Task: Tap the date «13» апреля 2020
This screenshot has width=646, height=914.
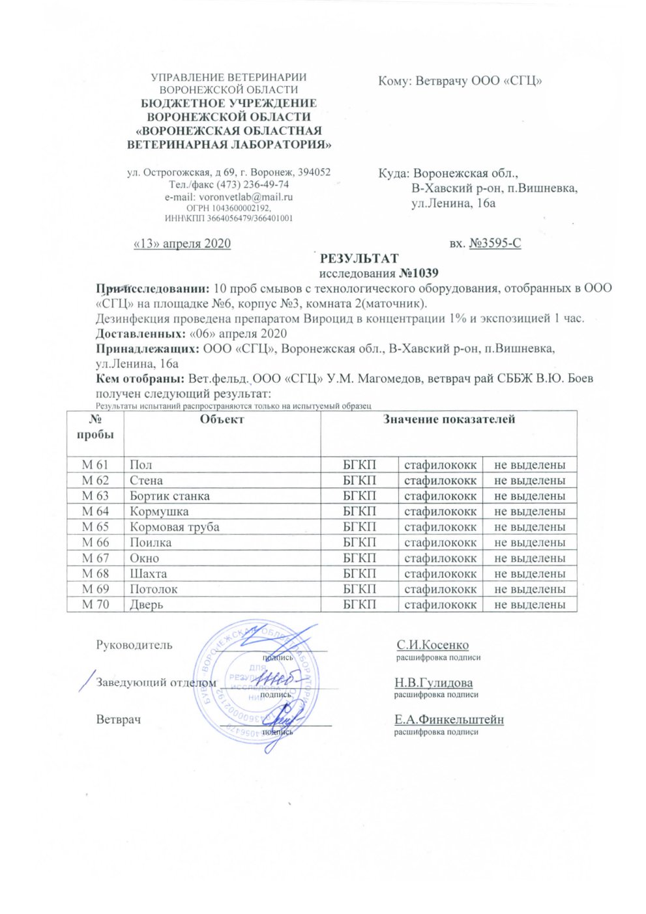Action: click(182, 244)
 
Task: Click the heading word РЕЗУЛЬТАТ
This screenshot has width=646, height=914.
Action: click(359, 259)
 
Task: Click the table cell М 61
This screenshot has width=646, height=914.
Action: click(95, 464)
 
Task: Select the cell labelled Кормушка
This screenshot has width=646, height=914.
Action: click(159, 511)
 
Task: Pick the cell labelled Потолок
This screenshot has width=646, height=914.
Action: click(154, 589)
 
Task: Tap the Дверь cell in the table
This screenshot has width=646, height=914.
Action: click(146, 605)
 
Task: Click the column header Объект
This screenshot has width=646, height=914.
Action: click(222, 420)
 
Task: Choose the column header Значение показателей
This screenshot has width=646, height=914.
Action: click(448, 420)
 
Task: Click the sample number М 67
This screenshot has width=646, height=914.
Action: click(95, 558)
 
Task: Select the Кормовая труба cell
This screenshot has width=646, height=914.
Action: click(174, 527)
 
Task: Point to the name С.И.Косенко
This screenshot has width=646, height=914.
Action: click(432, 645)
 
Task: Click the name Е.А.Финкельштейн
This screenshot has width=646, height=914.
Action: click(448, 720)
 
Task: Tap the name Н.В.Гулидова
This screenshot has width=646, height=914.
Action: click(433, 683)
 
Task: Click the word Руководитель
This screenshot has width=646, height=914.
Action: click(134, 645)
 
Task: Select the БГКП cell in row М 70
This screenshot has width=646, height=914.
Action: click(359, 605)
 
